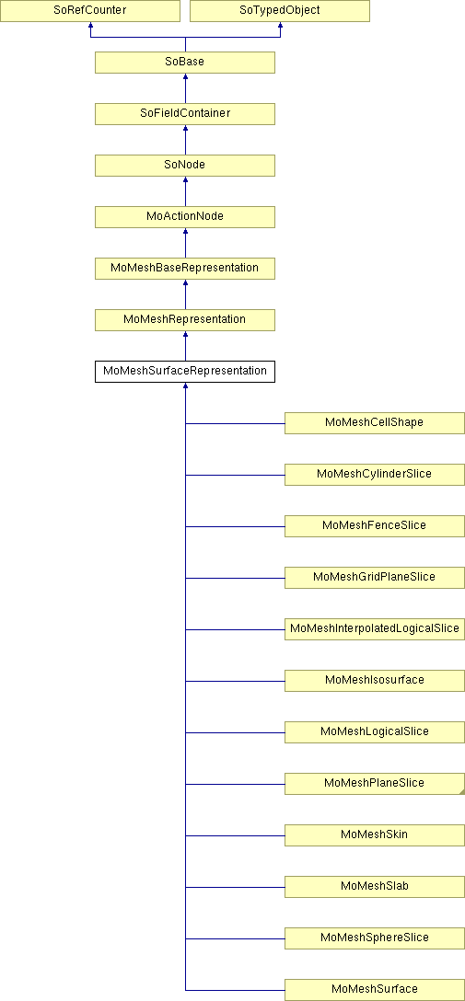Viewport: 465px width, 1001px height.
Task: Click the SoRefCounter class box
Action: pos(90,11)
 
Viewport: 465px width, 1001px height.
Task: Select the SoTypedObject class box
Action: pos(280,11)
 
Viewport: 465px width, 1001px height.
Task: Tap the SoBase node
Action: pos(185,63)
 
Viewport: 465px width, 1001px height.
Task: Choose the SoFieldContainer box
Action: pos(185,114)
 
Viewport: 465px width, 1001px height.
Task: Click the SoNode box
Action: pos(185,166)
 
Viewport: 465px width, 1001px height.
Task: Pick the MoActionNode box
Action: pos(185,217)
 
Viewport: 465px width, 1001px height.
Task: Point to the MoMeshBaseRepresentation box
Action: pos(185,269)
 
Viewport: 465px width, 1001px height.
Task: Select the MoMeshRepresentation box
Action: pos(185,320)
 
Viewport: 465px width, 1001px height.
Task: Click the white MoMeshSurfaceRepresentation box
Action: pos(185,372)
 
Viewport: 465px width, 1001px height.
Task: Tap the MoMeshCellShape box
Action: pos(374,423)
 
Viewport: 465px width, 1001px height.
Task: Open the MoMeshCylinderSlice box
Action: pos(374,475)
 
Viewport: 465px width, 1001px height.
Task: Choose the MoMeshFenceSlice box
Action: pos(374,526)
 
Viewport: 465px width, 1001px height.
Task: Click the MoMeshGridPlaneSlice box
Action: pos(374,578)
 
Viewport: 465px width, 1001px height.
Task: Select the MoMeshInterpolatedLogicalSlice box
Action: pos(374,629)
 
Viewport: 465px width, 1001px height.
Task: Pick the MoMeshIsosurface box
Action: pos(374,681)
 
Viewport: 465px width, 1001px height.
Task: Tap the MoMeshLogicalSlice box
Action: pos(374,732)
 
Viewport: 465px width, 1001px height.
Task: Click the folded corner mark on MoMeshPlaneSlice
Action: pos(462,792)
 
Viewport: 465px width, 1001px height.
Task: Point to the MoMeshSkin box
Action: pos(374,835)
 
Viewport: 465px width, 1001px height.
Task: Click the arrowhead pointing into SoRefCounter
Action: pos(91,25)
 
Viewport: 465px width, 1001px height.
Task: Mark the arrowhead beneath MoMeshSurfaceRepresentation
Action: pos(185,385)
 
